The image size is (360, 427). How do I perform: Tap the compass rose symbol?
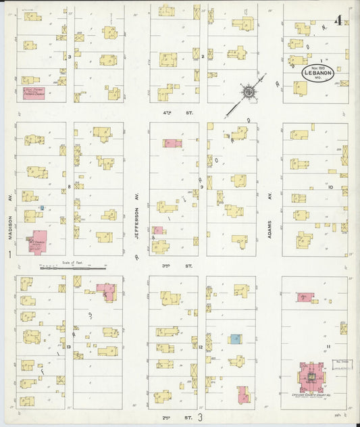[x=248, y=91]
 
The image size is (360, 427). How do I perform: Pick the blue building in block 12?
[x=234, y=338]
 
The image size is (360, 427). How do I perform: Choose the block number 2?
[x=203, y=57]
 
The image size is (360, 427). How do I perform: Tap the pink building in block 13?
[x=106, y=291]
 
